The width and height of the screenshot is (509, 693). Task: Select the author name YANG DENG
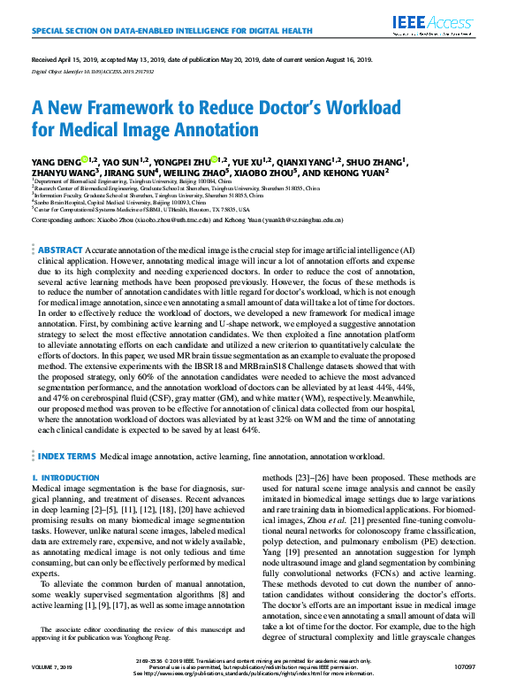coord(55,162)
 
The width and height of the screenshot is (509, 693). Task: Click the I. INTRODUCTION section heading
coord(65,478)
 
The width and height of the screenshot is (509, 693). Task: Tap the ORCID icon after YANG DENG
coord(84,161)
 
